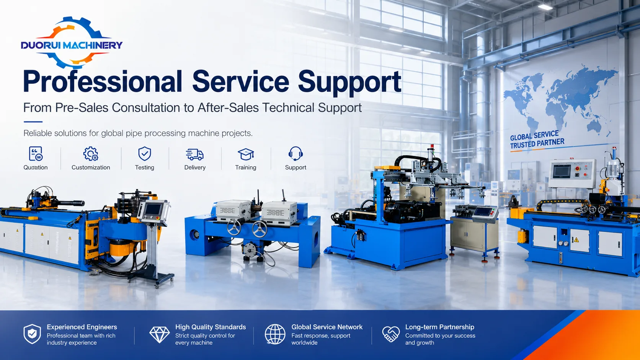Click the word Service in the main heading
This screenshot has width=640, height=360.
[240, 81]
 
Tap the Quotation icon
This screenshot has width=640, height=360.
[36, 153]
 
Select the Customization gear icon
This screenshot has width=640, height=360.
[91, 153]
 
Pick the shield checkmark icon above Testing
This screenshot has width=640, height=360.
[145, 153]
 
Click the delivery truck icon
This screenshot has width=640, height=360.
[194, 155]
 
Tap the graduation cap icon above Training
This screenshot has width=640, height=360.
[246, 154]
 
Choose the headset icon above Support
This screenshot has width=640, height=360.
[296, 153]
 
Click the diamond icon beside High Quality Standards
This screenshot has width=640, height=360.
[160, 334]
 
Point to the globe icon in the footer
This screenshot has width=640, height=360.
[275, 334]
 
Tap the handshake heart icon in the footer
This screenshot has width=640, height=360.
[391, 334]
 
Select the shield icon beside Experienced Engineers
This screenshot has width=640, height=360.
[32, 334]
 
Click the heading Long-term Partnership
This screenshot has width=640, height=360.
[440, 327]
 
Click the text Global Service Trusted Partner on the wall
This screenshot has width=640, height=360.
[537, 140]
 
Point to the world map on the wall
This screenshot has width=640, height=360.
[560, 100]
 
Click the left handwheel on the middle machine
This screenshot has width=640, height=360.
[234, 228]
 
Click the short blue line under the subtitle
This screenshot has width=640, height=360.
[33, 122]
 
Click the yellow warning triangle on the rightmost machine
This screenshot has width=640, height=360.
[576, 240]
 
